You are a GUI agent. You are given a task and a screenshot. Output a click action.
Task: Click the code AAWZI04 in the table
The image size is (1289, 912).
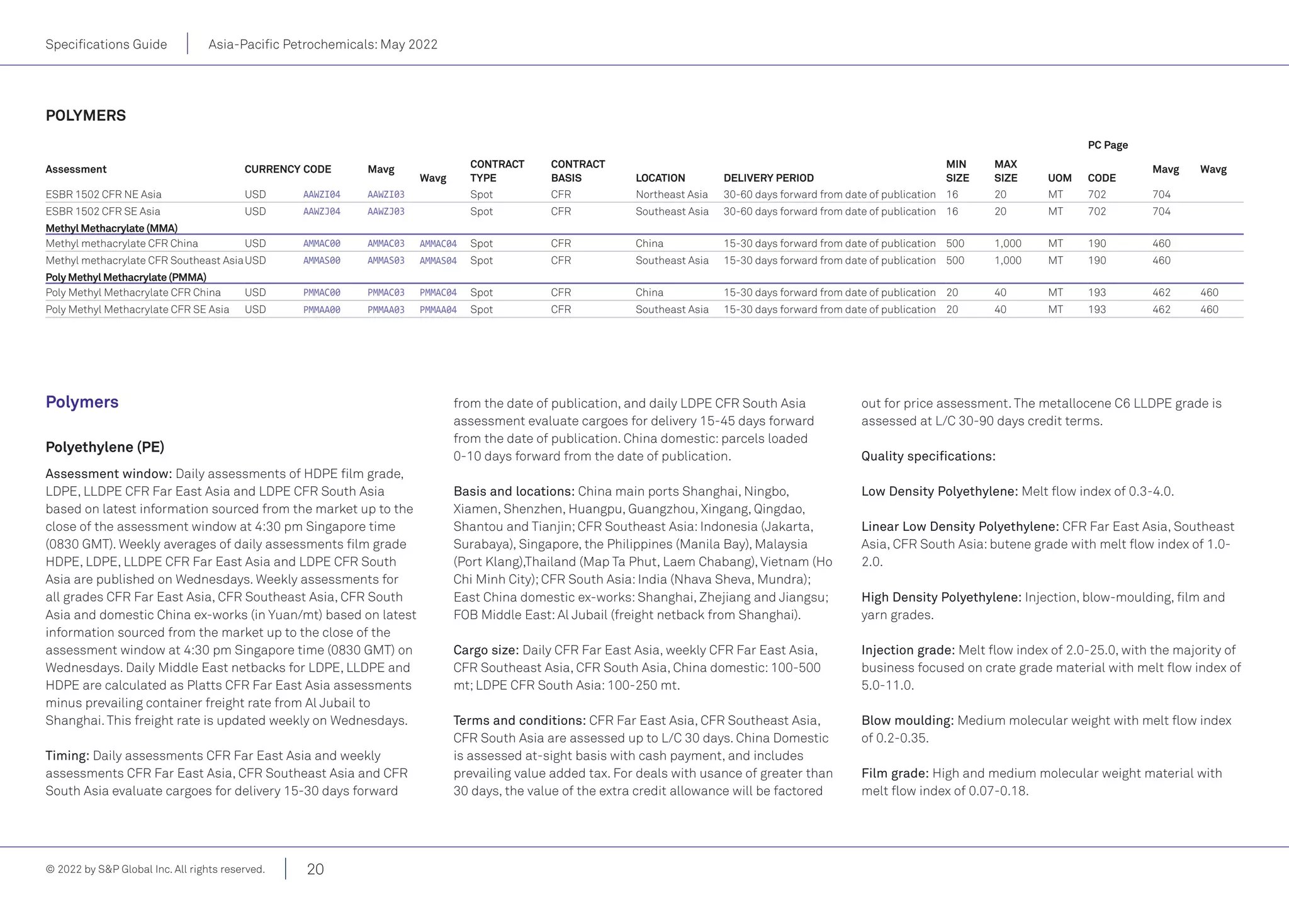click(x=322, y=195)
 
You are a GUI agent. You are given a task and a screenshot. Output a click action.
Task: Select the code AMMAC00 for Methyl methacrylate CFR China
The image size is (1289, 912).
click(x=322, y=244)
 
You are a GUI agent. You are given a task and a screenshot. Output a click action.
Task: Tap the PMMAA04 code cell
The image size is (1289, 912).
click(x=438, y=310)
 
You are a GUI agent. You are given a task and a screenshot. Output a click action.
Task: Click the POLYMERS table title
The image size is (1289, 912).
click(x=86, y=116)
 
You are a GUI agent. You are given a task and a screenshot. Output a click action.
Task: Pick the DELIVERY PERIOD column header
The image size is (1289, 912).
click(x=768, y=178)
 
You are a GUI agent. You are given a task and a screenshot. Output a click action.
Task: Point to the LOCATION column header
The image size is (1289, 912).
click(x=660, y=178)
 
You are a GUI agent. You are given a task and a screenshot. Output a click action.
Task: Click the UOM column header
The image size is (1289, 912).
click(x=1059, y=178)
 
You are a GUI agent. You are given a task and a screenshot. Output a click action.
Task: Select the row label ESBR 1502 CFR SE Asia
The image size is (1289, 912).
click(x=103, y=212)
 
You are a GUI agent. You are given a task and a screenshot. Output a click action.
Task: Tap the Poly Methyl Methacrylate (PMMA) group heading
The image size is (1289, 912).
click(x=126, y=277)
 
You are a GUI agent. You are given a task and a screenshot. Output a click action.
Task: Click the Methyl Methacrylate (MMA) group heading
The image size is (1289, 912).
click(x=111, y=228)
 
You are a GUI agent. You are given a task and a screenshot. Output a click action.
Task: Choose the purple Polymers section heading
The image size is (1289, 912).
click(x=82, y=402)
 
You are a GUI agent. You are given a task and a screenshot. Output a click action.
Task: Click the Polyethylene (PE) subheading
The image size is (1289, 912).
click(x=104, y=447)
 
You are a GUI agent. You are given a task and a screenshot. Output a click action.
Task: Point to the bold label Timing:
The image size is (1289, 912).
click(x=67, y=756)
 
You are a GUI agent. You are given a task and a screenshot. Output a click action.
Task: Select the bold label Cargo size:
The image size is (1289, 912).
click(x=486, y=650)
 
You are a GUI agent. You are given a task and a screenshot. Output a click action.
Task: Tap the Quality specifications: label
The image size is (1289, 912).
click(x=928, y=456)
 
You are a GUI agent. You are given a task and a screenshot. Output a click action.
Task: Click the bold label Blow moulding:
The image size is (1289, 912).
click(x=908, y=721)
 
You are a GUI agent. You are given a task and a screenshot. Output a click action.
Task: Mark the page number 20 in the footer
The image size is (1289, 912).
click(x=315, y=869)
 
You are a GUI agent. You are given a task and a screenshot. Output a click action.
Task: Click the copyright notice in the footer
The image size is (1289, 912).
click(x=155, y=869)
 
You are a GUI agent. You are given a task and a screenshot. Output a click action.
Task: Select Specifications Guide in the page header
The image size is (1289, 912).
click(x=106, y=45)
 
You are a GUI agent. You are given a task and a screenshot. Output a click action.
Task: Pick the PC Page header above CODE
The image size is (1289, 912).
click(x=1108, y=145)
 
